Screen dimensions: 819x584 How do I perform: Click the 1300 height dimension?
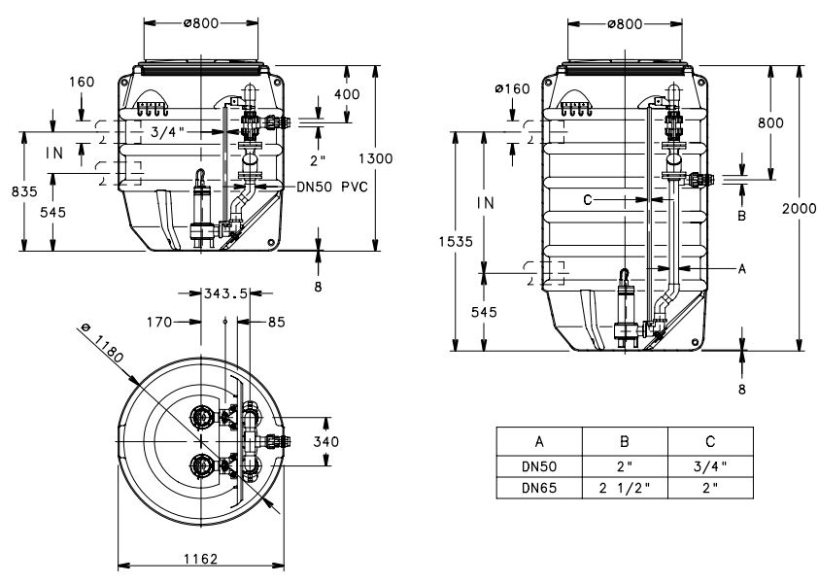[x=376, y=158]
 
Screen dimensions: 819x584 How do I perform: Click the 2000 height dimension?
[x=800, y=208]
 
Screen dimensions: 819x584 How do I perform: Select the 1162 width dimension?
[x=200, y=559]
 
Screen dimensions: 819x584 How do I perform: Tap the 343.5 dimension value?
[x=225, y=293]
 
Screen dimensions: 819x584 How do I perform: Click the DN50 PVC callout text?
[x=332, y=187]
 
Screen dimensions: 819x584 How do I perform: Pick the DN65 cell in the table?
[x=539, y=488]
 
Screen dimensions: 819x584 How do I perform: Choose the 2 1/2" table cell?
[x=625, y=488]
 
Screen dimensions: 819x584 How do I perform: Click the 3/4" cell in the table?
[x=710, y=466]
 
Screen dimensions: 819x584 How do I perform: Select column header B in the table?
[x=624, y=442]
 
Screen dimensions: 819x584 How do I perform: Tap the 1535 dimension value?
[x=456, y=241]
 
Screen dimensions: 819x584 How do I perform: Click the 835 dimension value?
[x=24, y=191]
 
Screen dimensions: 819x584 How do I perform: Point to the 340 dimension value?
[x=325, y=442]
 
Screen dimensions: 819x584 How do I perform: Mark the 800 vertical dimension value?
[x=770, y=122]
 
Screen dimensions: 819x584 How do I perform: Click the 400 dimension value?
[x=347, y=94]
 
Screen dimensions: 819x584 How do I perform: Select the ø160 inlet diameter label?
[x=512, y=88]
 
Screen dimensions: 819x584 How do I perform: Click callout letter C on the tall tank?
[x=588, y=200]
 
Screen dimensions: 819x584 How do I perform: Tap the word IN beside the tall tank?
[x=485, y=203]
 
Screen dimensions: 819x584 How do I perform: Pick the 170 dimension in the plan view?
[x=159, y=323]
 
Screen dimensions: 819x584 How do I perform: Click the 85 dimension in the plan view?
[x=277, y=323]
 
